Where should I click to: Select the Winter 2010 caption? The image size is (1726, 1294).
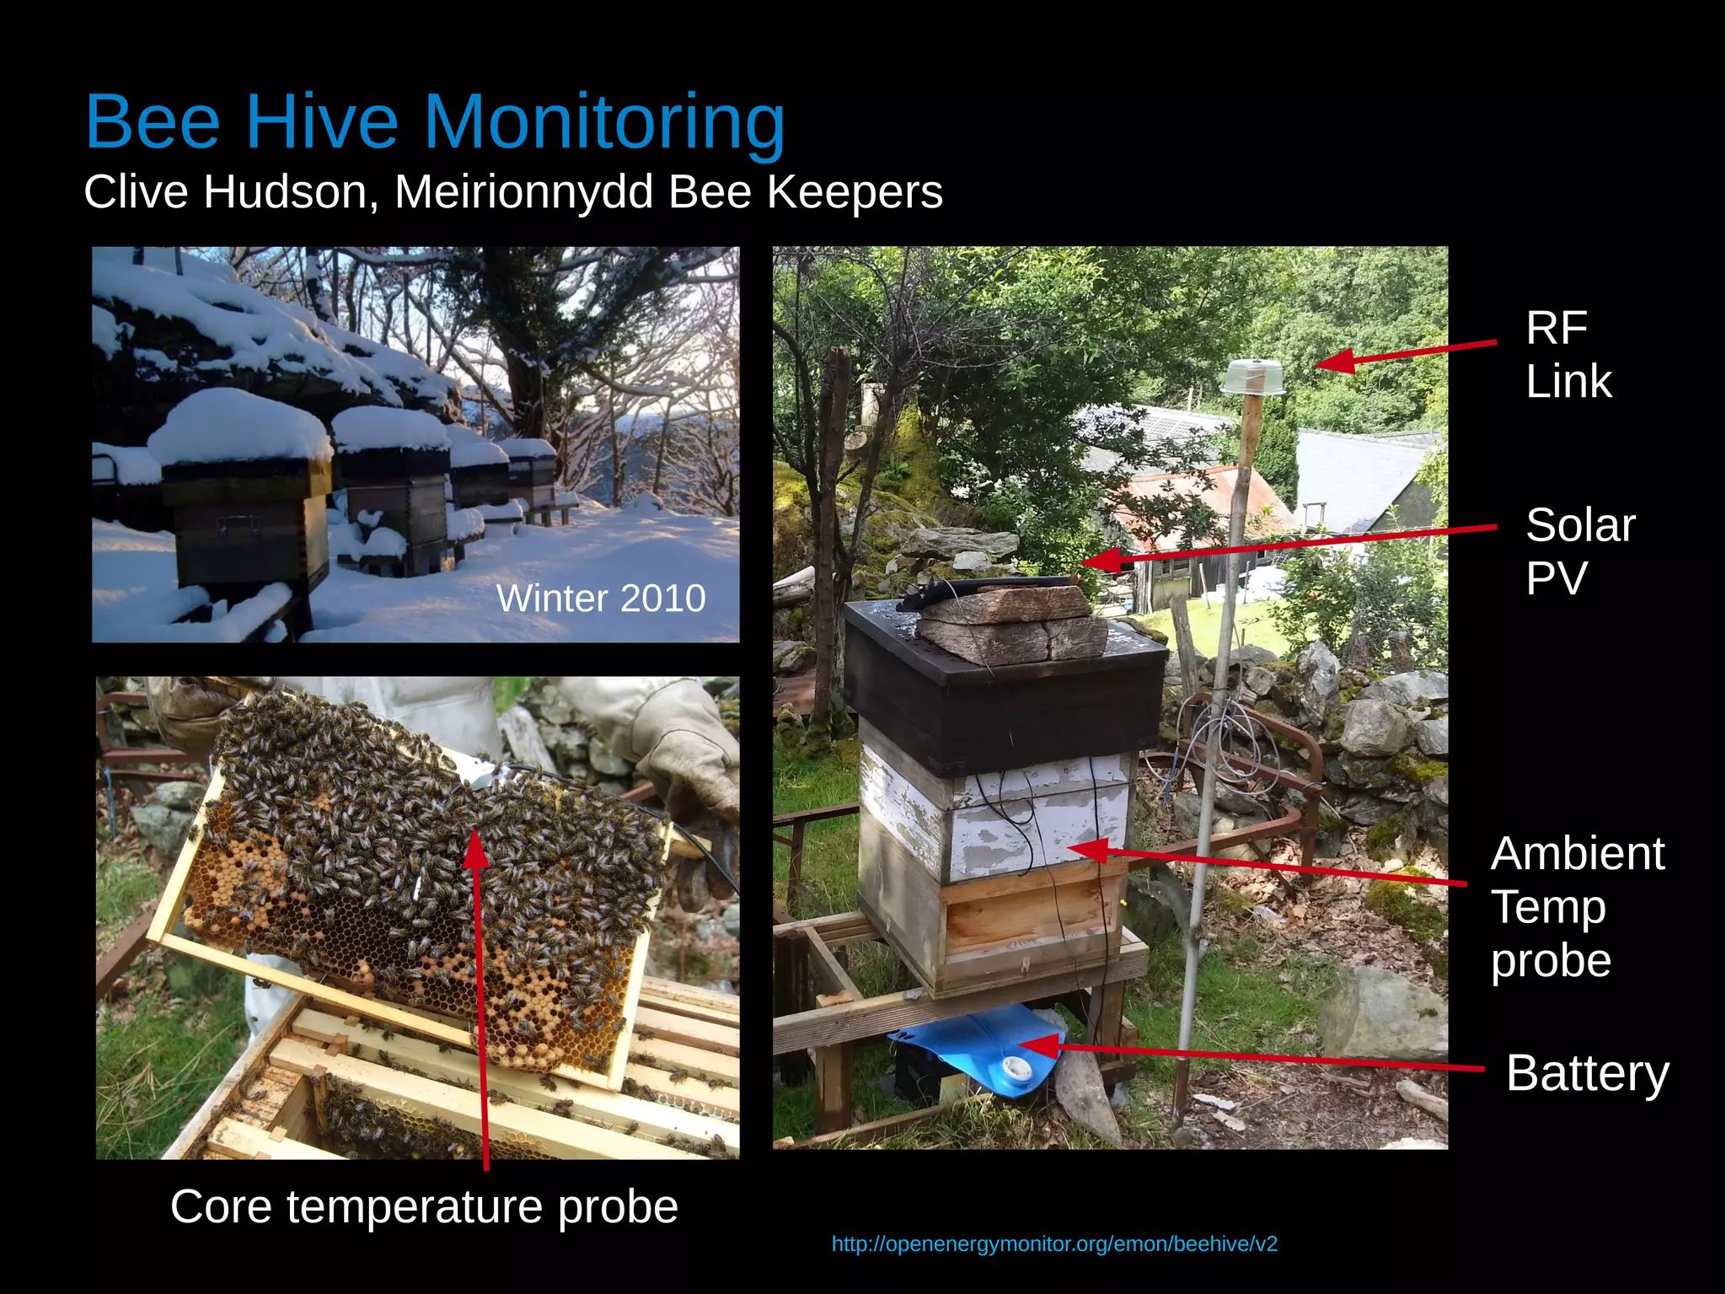coord(600,599)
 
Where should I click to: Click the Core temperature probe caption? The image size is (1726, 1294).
coord(424,1206)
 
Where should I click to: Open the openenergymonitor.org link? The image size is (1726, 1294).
coord(1053,1244)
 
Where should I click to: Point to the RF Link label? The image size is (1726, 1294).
coord(1568,354)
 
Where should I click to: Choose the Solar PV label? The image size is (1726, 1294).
coord(1579,551)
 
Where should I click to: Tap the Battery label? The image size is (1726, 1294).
coord(1587,1073)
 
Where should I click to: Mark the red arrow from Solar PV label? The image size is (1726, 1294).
coord(1289,545)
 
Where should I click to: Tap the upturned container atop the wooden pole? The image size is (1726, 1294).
coord(1252,377)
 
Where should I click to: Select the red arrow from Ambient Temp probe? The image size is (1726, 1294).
coord(1273,864)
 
